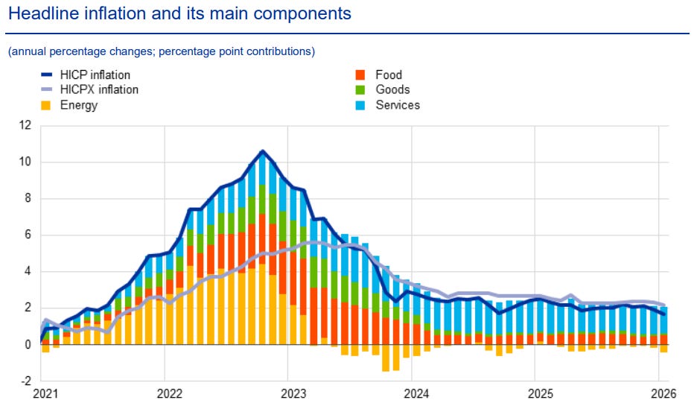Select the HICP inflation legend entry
pos(95,74)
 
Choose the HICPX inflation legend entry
pos(99,89)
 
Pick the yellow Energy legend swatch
pos(46,105)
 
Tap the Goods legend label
pos(393,89)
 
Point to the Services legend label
pos(398,105)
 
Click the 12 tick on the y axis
pos(25,125)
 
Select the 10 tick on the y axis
pos(25,162)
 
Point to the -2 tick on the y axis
pos(25,381)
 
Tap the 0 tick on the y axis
pos(28,344)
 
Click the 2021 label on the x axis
pos(46,393)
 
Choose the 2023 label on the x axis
pos(292,393)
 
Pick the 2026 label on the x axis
pos(660,393)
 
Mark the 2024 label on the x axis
pos(414,393)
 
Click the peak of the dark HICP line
pos(262,151)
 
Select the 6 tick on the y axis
pos(28,235)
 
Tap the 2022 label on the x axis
pos(169,393)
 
